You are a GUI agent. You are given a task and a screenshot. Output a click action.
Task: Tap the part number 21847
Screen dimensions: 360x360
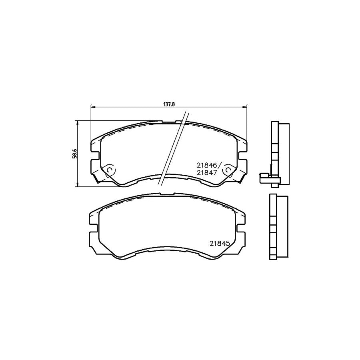click(x=206, y=172)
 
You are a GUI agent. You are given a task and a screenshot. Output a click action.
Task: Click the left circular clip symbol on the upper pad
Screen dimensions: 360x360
click(x=111, y=170)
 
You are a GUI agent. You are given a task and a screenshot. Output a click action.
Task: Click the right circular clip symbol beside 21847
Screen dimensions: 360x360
click(x=227, y=170)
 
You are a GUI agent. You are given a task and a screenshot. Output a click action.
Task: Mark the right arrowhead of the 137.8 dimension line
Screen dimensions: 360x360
click(x=245, y=107)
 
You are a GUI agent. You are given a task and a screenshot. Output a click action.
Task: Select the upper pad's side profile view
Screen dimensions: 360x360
click(x=279, y=152)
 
